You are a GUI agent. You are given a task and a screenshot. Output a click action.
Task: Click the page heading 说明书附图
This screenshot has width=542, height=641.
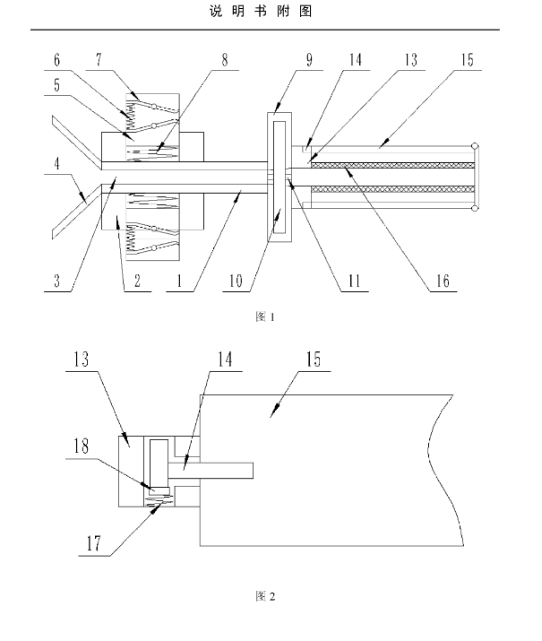coord(261,11)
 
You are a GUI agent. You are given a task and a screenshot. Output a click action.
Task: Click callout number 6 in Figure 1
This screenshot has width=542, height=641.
coord(56,60)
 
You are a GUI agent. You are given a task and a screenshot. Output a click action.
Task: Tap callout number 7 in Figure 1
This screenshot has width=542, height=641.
coord(99,60)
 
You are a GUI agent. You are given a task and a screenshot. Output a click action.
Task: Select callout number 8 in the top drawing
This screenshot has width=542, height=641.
coord(225,60)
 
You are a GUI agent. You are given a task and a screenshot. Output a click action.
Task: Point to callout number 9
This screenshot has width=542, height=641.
coord(310,60)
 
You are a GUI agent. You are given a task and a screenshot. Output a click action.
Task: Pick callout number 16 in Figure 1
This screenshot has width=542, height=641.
coord(443,281)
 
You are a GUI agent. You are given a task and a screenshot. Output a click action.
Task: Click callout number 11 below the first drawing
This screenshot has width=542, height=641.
coord(354,281)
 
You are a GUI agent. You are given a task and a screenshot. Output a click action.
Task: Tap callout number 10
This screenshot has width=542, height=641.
coord(236,281)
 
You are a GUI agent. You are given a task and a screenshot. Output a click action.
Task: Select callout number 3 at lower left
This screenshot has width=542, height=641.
coord(56,281)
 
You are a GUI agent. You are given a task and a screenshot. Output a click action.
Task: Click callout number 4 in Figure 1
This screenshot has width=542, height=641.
coord(56,163)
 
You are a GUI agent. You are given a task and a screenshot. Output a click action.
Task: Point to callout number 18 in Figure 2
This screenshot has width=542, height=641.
coord(81,446)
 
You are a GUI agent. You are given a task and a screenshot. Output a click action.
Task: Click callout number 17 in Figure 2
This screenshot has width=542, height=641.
coord(93,543)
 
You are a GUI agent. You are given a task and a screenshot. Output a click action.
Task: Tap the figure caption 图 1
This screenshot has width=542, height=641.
coord(265,316)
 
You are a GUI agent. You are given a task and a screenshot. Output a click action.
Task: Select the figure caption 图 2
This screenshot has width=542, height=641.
coord(265,596)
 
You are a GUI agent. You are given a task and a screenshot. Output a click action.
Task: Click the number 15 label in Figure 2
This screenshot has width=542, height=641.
coord(314,359)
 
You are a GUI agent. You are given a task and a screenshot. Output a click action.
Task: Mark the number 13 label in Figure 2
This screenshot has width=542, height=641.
coord(81,359)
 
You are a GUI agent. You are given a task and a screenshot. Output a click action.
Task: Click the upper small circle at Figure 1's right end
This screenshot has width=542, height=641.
coord(475,146)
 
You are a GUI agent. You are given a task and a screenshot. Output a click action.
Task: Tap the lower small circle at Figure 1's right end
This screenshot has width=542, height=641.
coord(475,209)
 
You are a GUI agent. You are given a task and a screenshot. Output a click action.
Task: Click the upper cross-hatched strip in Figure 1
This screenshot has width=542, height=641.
coord(392,165)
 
